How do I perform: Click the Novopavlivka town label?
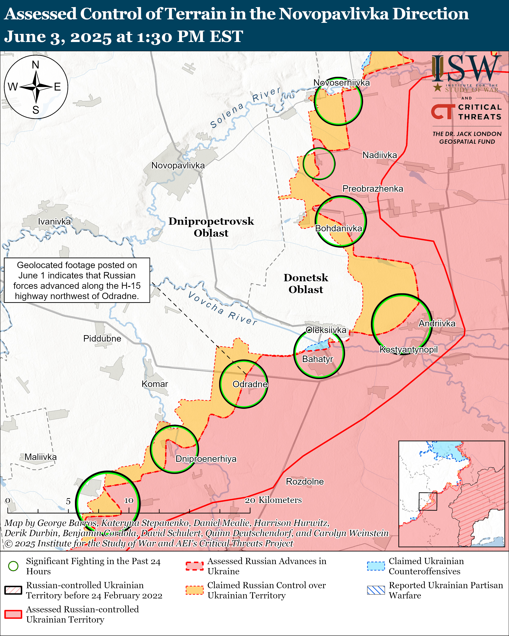point(178,165)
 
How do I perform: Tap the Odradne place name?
point(250,384)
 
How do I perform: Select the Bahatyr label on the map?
point(317,359)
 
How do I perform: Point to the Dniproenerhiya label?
point(206,459)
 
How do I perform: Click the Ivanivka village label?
point(54,222)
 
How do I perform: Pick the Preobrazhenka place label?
point(373,188)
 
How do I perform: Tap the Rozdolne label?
point(305,481)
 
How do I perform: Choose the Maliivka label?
point(41,457)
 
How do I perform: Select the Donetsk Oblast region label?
point(306,283)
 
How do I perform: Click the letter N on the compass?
point(35,65)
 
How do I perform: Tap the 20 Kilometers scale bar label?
point(273,500)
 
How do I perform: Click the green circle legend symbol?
point(13,566)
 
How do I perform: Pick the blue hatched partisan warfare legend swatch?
point(376,590)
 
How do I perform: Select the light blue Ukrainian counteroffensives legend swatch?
point(376,566)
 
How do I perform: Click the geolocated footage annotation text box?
point(77,280)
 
